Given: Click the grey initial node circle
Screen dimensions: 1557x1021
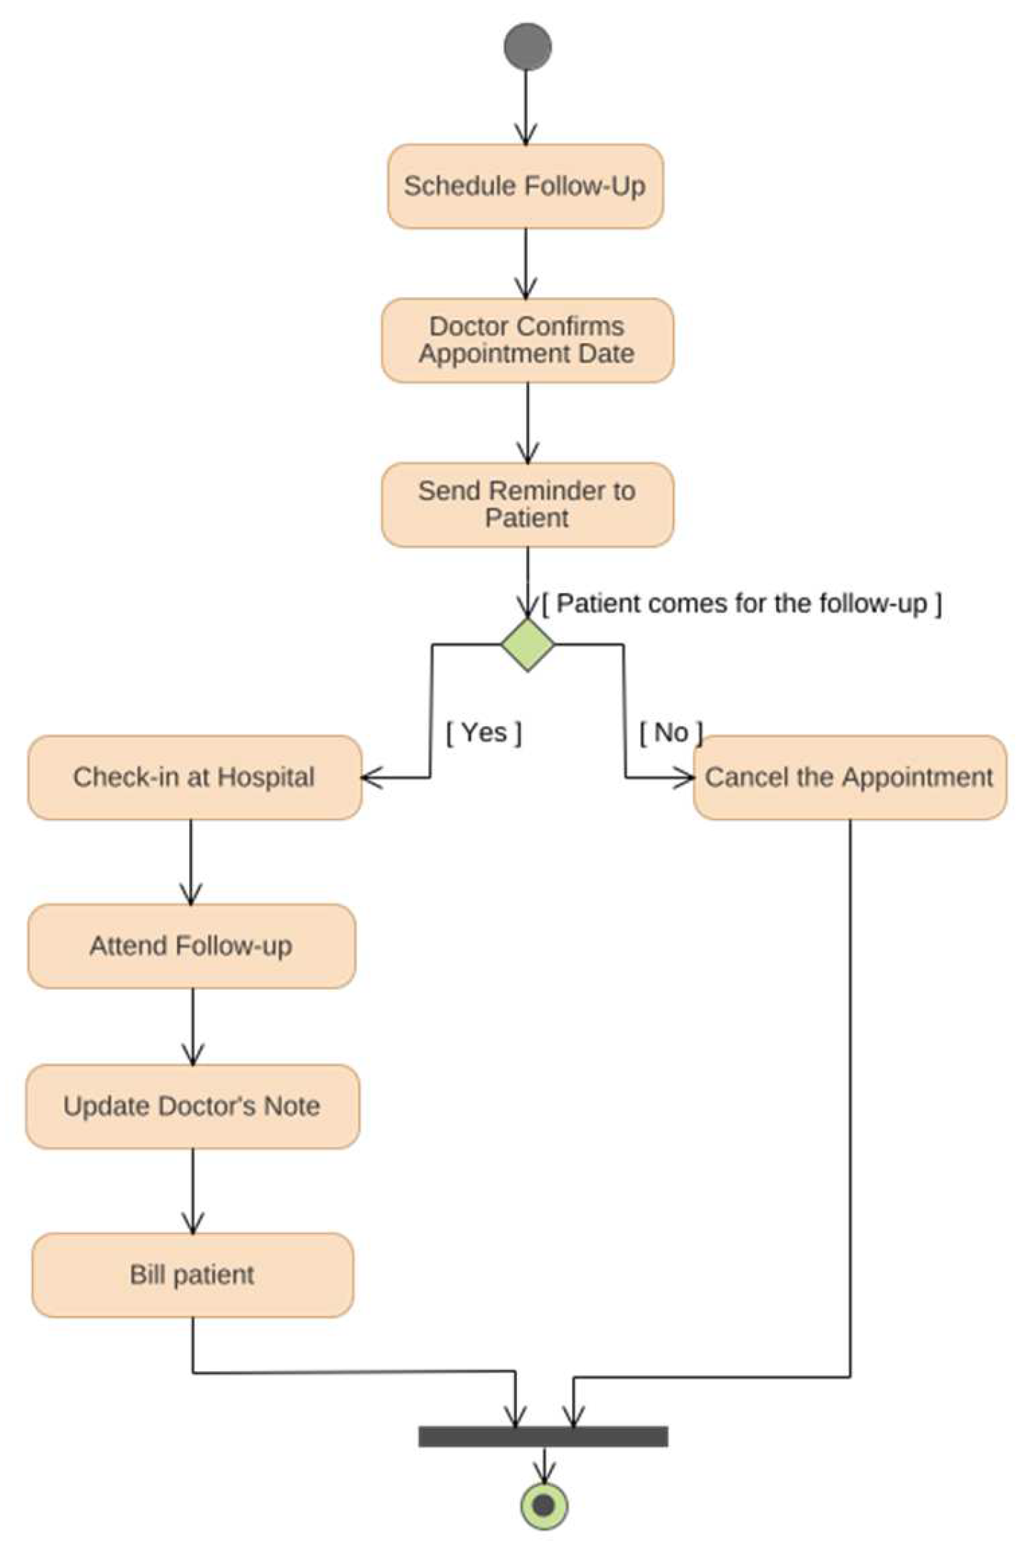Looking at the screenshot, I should click(x=527, y=46).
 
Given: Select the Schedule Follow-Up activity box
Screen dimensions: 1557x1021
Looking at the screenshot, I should click(x=525, y=186).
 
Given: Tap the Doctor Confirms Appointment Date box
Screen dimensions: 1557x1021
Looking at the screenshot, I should click(x=527, y=340).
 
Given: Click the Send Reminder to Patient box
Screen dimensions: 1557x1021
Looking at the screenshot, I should click(x=527, y=504).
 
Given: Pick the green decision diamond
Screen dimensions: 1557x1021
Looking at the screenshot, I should click(x=527, y=645).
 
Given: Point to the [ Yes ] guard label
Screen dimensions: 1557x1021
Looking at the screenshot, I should click(x=484, y=732).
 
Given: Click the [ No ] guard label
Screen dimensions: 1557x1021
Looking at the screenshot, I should click(x=670, y=732).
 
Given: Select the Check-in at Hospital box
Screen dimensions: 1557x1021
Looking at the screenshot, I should click(x=194, y=777).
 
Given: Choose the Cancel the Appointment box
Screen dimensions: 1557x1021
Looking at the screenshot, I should click(x=849, y=777).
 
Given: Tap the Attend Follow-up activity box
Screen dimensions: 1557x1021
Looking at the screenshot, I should click(x=191, y=946).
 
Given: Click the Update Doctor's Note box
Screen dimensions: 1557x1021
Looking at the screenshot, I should click(x=192, y=1107).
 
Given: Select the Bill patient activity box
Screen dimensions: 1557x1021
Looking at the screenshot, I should click(x=192, y=1275).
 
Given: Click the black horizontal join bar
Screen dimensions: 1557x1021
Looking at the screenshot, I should click(x=543, y=1436).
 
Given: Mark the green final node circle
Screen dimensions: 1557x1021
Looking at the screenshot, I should click(x=544, y=1506).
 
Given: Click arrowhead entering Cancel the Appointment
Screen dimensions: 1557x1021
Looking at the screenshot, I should click(x=687, y=778).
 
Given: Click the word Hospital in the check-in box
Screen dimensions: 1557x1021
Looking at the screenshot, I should click(x=266, y=777).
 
